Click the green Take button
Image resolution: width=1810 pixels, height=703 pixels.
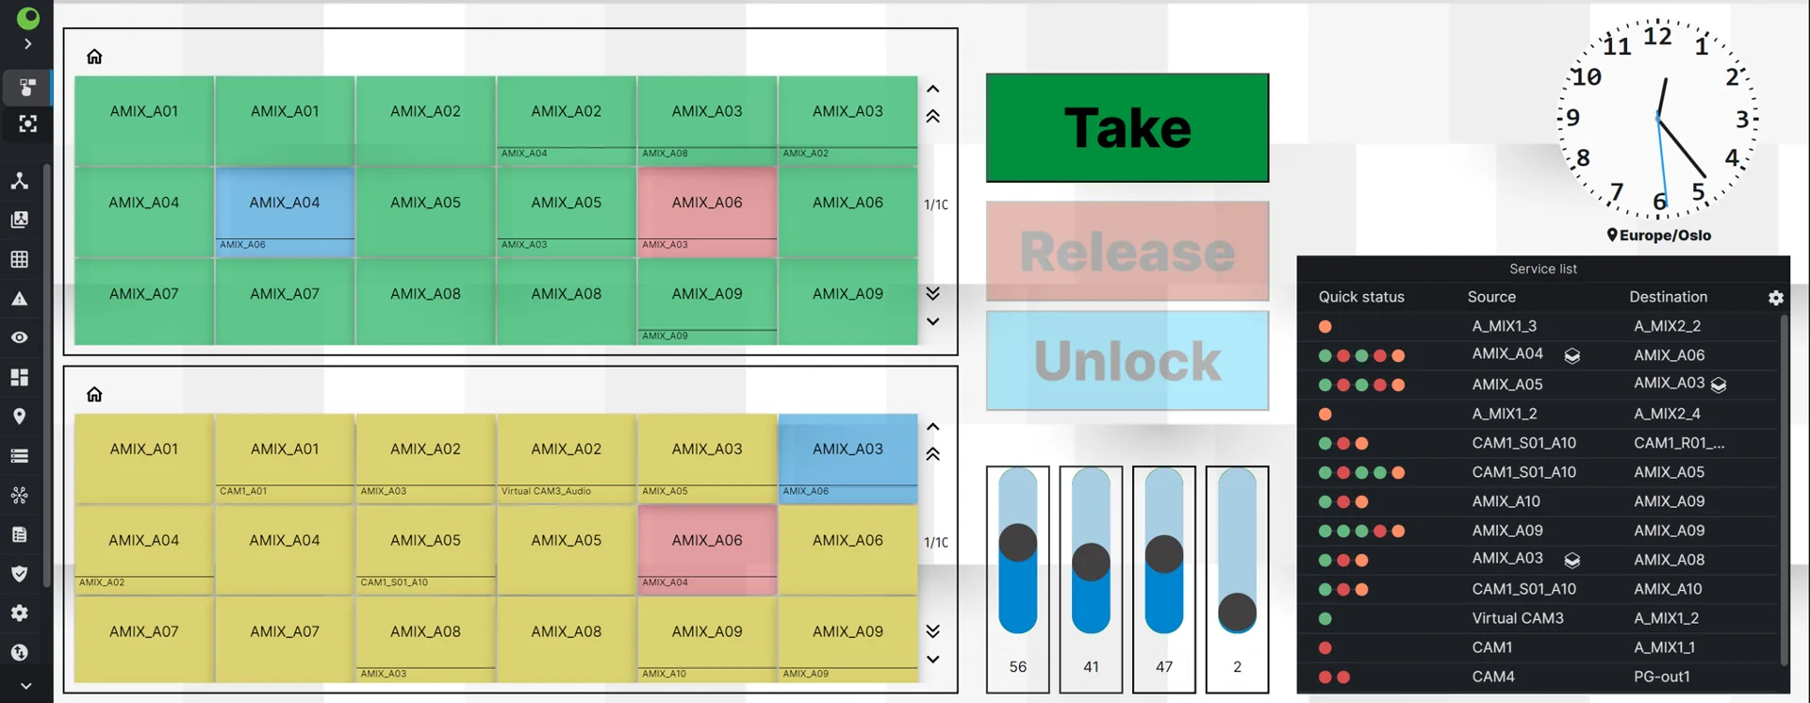(1127, 128)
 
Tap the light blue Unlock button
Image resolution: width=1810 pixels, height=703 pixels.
(1127, 361)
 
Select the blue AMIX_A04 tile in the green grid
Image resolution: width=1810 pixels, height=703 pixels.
(285, 212)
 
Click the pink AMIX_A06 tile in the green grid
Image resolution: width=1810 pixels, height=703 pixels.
(707, 212)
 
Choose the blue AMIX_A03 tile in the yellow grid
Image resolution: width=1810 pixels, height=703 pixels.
(847, 457)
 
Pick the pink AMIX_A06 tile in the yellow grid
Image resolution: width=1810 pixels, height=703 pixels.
(707, 549)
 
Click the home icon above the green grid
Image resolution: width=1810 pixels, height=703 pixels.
(94, 57)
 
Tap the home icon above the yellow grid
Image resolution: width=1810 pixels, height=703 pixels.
(94, 394)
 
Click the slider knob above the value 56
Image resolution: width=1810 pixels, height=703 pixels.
(1018, 543)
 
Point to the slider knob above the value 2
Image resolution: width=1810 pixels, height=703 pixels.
(1238, 613)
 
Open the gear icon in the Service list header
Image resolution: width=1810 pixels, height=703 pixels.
(1776, 298)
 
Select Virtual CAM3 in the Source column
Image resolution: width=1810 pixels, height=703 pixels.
(1518, 618)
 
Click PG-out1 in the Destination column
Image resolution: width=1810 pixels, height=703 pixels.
(1662, 677)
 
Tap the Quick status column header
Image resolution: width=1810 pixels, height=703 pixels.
(1361, 297)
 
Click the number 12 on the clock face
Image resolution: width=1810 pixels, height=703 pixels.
(1657, 37)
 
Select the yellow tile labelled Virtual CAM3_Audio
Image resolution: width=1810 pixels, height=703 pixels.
(567, 457)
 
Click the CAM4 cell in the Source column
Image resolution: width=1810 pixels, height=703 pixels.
(1493, 677)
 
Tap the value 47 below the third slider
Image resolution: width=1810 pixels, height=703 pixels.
(1164, 667)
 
